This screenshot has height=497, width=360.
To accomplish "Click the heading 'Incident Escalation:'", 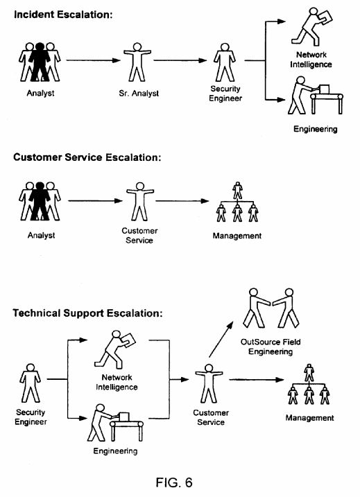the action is point(63,15).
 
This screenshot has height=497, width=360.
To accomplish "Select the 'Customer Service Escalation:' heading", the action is point(87,157).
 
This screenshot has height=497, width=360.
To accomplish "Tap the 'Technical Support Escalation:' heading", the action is point(87,313).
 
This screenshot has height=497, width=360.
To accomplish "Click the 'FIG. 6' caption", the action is point(174,482).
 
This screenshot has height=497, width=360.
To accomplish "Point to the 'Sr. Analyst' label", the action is point(139,93).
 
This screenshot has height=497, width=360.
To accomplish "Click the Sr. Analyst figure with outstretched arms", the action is point(137,62).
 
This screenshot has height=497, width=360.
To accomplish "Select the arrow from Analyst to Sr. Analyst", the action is point(93,60).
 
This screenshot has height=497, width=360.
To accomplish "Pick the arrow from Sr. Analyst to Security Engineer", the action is point(180,60).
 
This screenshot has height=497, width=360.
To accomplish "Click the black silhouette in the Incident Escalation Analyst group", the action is point(40,62).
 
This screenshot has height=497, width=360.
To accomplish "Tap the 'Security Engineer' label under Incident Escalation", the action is point(225,94).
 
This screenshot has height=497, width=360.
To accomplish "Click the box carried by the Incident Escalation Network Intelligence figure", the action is point(325,17).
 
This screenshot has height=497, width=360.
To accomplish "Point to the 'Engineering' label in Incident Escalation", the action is point(316,129).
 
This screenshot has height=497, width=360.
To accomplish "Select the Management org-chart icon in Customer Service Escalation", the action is point(237,202).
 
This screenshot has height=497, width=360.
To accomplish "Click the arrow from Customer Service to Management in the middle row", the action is point(182,200).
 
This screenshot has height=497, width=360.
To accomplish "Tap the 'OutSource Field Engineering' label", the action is point(271,347).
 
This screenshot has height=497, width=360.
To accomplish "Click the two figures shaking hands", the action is point(271,308).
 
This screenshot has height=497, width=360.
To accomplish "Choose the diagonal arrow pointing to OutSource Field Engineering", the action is point(221,340).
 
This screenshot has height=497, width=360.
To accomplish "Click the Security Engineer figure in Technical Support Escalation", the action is point(30,383).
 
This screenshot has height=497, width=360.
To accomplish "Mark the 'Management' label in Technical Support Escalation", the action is point(309,418).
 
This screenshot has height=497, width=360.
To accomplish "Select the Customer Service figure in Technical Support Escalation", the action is point(209,383).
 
